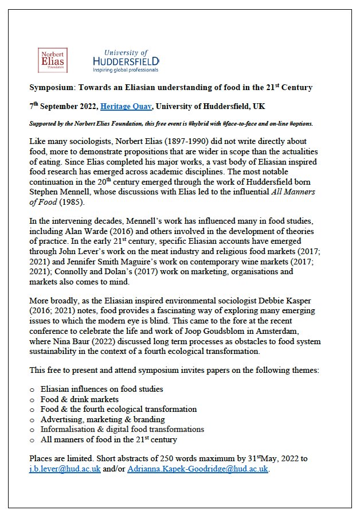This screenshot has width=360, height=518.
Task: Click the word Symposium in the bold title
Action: tap(52, 87)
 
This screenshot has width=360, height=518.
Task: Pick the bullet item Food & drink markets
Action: tap(80, 399)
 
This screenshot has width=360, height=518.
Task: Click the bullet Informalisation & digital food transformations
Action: tap(122, 430)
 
